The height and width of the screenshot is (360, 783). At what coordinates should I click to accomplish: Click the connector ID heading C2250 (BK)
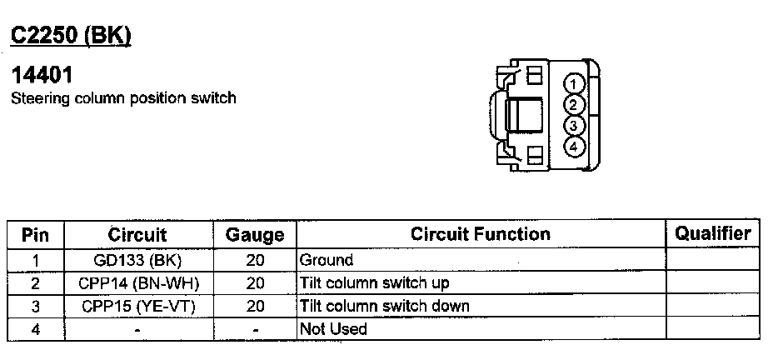pos(70,36)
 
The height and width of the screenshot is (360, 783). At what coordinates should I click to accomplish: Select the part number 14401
pos(42,75)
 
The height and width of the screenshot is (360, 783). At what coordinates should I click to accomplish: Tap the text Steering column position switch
pos(123,98)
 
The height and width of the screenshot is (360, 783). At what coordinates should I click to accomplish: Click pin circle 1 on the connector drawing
pos(575,83)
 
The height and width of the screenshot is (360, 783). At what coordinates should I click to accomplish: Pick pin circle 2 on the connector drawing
pos(575,104)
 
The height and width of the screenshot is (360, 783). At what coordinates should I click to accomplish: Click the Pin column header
pos(35,234)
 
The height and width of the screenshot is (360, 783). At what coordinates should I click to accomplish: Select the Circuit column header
pos(137,235)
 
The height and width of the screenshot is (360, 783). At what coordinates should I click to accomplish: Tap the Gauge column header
pos(255,235)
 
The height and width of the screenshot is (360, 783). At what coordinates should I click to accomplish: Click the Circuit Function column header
pos(481,234)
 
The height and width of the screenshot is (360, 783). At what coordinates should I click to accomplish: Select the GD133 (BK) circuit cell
pos(137,260)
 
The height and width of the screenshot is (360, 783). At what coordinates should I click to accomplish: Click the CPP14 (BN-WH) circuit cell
pos(137,283)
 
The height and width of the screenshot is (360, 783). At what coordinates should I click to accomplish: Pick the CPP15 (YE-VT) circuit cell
pos(137,306)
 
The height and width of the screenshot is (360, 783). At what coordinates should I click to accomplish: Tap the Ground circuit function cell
pos(327,260)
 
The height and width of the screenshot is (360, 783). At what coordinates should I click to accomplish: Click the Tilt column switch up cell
pos(374,283)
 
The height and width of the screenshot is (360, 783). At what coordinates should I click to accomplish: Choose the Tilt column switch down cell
pos(384,306)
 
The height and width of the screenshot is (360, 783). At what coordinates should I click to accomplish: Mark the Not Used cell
pos(333,328)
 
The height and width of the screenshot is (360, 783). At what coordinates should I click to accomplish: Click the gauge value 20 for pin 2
pos(255,283)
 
